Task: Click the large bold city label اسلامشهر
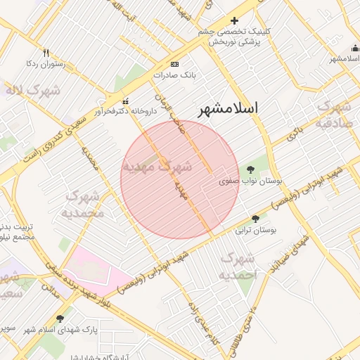point(227,108)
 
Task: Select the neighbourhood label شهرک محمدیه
point(83,204)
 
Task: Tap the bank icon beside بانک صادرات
point(174,63)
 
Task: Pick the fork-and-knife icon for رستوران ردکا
point(46,53)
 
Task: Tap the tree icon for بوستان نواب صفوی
point(251,169)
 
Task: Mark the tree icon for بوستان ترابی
point(255,219)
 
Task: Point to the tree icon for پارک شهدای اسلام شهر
point(69,318)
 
